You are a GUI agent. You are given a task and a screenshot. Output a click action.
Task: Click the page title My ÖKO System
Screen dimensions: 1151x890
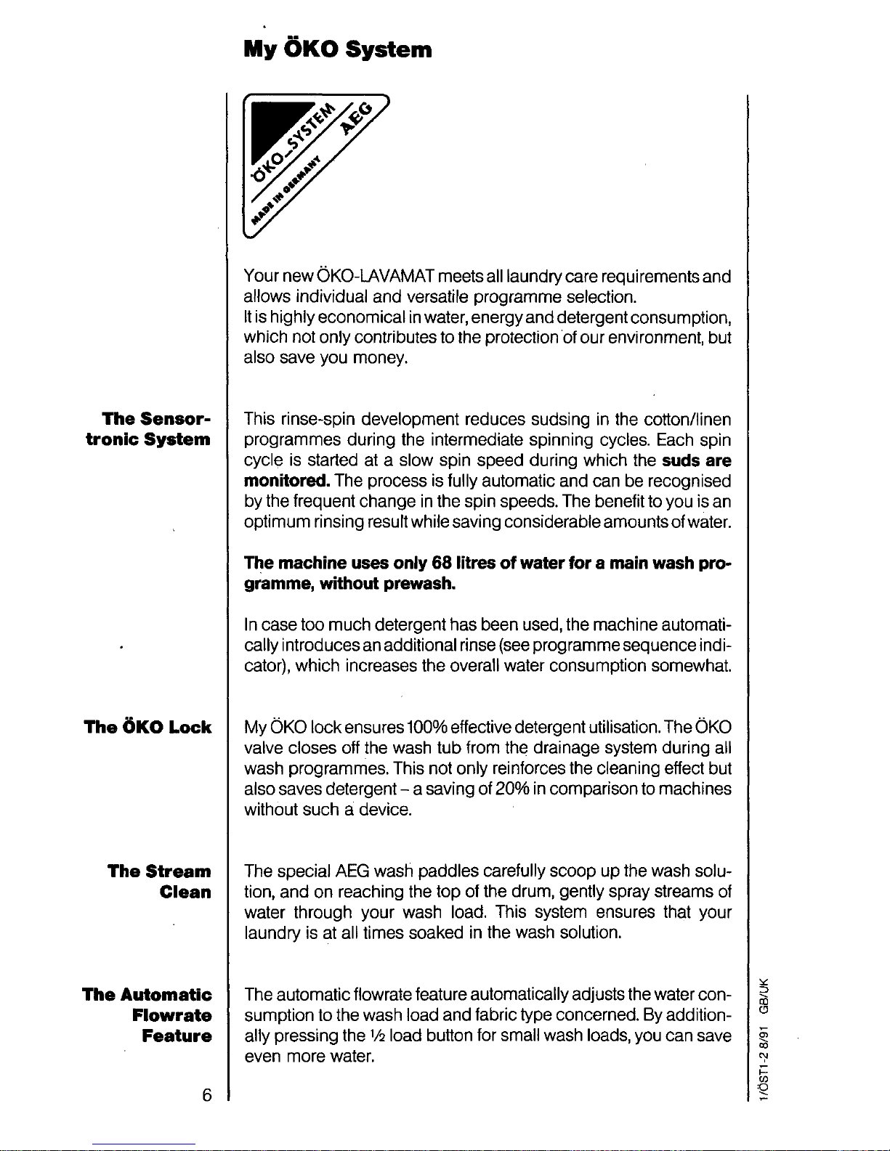pos(338,49)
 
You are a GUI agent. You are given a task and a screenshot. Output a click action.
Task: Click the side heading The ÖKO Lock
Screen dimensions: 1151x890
pos(147,727)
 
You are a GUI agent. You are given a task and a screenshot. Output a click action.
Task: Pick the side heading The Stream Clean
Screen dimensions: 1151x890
pos(160,882)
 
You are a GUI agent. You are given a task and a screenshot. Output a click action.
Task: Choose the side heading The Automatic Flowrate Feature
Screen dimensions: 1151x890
pos(147,1015)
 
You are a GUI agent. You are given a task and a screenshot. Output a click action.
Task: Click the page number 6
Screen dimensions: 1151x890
pos(207,1096)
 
